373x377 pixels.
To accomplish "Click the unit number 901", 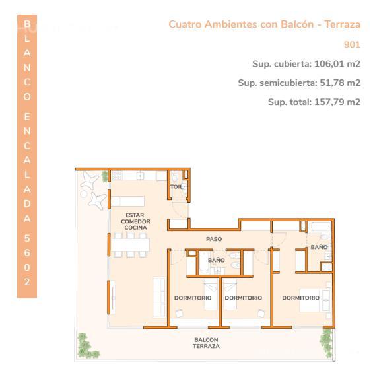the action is [352, 45].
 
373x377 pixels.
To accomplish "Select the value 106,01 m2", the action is [337, 64].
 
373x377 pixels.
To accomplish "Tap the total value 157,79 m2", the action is [337, 102].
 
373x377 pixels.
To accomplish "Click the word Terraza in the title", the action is [343, 24].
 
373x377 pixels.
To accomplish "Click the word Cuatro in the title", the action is [185, 24].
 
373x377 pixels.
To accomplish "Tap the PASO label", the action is [214, 239].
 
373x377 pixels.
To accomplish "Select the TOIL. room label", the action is [178, 187].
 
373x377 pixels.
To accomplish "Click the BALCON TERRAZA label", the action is [206, 343].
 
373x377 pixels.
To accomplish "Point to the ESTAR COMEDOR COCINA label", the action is [135, 221].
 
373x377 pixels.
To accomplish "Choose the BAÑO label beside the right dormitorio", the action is [319, 247].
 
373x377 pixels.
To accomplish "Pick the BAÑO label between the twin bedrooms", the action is [217, 260].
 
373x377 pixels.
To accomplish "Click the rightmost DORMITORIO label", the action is [300, 298].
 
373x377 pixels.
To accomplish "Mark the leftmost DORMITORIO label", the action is [193, 298].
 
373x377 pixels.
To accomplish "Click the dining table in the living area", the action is [131, 245].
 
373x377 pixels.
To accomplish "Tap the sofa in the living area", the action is [159, 297].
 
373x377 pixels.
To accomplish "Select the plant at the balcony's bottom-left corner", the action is [86, 346].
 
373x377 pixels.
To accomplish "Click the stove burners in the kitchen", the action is [118, 176].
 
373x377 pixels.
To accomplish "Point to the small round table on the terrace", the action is [83, 194].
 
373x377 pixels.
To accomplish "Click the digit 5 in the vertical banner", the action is [27, 238].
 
